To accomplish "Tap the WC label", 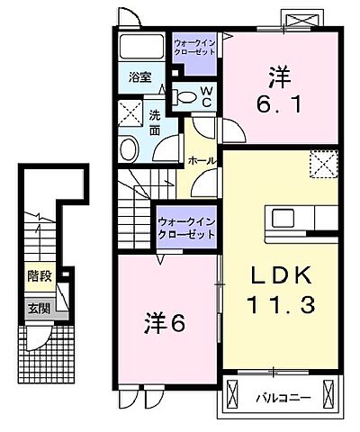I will (205, 95).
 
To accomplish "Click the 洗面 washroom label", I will (154, 121).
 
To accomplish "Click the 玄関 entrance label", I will (38, 308).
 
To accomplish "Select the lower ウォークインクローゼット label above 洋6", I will (186, 229).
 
